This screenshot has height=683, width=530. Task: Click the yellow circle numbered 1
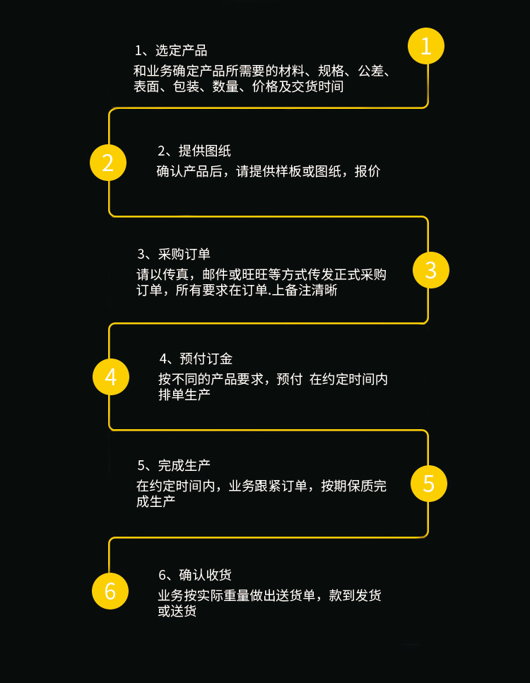click(x=425, y=46)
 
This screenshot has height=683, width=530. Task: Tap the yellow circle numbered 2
click(x=108, y=163)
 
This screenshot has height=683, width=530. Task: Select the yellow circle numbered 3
click(x=430, y=269)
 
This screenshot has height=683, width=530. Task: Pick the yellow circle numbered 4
click(x=111, y=377)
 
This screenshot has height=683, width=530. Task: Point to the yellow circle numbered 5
click(x=429, y=483)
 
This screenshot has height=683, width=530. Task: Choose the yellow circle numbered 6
click(x=110, y=590)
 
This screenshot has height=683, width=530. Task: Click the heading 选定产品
click(x=181, y=50)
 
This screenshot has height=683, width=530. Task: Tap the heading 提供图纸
click(x=204, y=151)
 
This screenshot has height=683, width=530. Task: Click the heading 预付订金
click(x=206, y=358)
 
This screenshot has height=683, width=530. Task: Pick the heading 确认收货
click(x=205, y=574)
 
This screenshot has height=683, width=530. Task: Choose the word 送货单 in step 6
click(x=300, y=595)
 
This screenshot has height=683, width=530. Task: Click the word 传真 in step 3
click(x=177, y=274)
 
